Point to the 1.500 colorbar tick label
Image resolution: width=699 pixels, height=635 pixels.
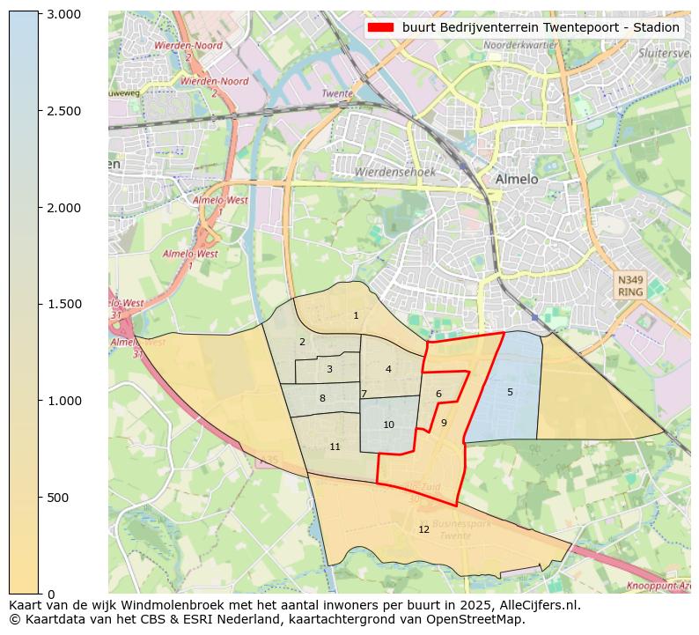coord(63,304)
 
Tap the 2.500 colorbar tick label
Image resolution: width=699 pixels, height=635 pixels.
coord(63,111)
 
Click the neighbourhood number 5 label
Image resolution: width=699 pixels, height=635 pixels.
coord(510,392)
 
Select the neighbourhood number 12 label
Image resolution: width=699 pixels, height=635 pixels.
coord(424,529)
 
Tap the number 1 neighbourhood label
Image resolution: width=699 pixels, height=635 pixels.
coord(356,315)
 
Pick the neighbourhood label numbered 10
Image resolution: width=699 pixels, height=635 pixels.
coord(388,425)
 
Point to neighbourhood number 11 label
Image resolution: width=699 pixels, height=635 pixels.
coord(335,447)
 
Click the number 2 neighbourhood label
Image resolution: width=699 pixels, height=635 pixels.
coord(302,342)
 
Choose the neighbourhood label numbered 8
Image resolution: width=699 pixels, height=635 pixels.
coord(322,398)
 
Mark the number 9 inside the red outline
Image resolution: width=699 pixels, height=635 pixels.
coord(444,423)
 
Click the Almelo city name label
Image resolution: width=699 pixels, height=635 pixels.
coord(516,179)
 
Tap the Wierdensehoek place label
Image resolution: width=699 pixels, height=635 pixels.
coord(395,172)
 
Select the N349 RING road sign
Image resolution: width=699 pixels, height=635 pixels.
coord(630,285)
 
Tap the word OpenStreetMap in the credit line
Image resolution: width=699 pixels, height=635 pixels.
coord(481,619)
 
